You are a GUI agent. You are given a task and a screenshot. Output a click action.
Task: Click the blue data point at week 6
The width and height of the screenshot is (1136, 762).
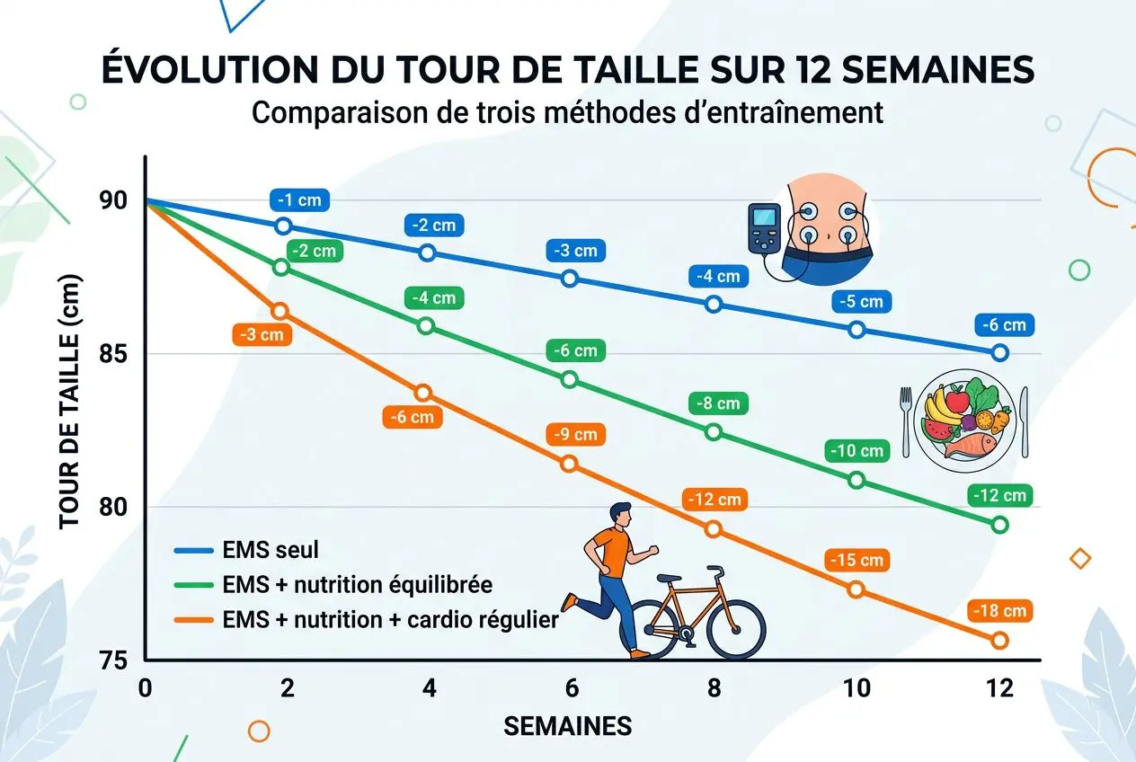tap(569, 279)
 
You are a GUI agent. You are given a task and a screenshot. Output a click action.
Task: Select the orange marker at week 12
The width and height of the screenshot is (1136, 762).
tap(999, 641)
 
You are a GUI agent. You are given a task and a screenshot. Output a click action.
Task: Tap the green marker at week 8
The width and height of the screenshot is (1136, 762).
tap(714, 432)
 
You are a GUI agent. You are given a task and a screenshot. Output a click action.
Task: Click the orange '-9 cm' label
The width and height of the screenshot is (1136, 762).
tap(572, 434)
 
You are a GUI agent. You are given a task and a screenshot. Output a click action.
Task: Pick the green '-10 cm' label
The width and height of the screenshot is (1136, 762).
tap(856, 451)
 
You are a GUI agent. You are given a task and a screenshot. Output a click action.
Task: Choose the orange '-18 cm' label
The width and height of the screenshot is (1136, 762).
tap(1000, 612)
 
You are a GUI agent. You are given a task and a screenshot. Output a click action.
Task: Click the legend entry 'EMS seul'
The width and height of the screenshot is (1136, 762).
tap(270, 550)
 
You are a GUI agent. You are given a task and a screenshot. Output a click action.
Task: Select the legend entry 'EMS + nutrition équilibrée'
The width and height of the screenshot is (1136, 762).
tap(356, 585)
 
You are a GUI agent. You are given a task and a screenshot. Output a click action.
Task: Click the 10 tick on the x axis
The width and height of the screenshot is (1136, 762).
tap(856, 688)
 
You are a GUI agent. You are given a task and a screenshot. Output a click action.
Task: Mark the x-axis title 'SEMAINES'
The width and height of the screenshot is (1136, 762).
tap(568, 726)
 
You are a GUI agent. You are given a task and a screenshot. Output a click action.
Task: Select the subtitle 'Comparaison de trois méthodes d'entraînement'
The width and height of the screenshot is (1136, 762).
tap(567, 114)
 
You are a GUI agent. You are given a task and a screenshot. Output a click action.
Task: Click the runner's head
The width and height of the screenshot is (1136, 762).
tap(619, 516)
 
